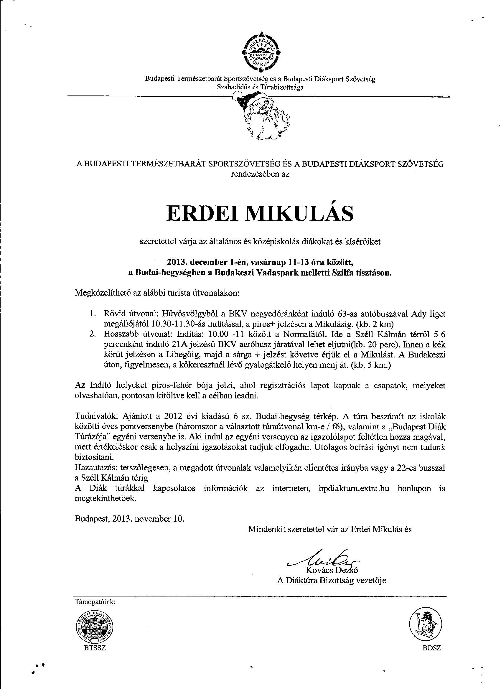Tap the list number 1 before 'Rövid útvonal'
[x=92, y=314]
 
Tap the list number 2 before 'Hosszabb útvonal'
[x=92, y=334]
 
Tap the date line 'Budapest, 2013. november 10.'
[x=129, y=518]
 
